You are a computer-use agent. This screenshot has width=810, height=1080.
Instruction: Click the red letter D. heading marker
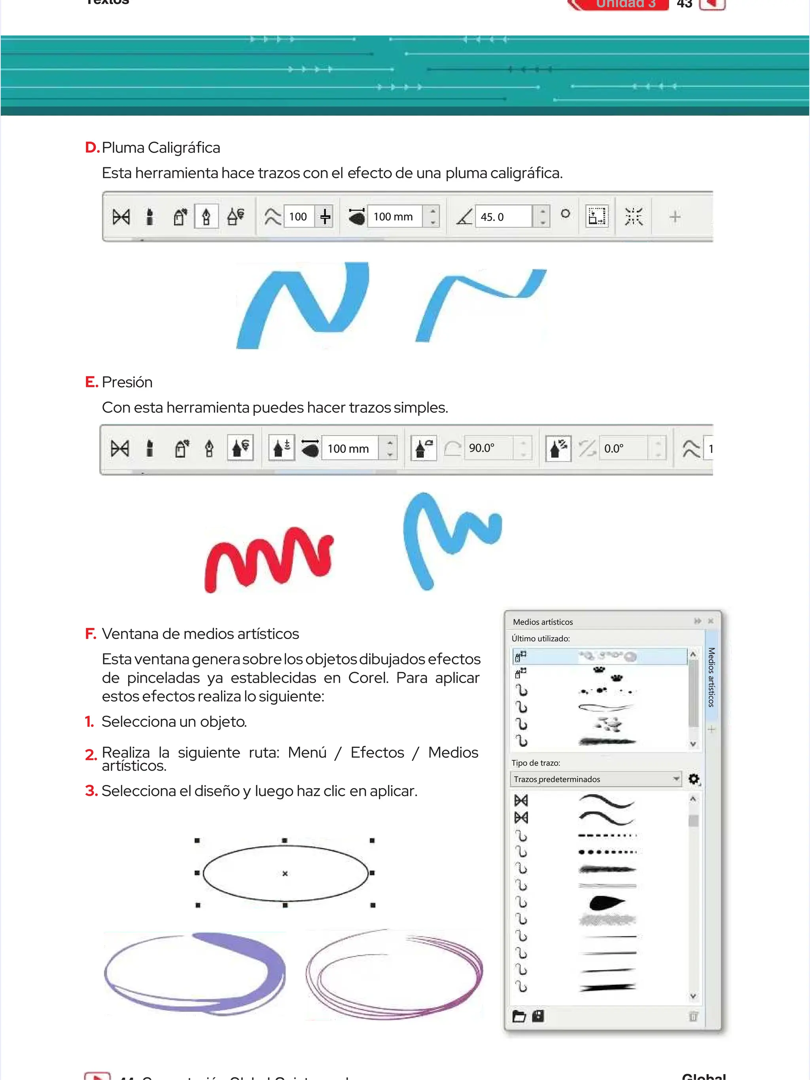pos(92,148)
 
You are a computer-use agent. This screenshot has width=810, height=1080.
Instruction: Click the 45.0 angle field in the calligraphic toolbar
pos(503,217)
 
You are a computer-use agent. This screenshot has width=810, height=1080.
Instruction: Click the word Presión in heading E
pos(127,382)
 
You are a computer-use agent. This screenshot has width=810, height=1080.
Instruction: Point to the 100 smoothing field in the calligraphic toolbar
pos(298,217)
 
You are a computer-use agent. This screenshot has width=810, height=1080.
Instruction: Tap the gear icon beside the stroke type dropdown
pos(693,779)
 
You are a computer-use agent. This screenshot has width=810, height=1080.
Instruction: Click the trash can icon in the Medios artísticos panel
pos(693,1016)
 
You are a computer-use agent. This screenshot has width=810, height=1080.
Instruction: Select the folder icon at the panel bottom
pos(519,1016)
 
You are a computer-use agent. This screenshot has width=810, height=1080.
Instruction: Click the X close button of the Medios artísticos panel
pos(710,621)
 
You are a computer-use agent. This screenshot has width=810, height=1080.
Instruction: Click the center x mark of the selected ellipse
pos(285,874)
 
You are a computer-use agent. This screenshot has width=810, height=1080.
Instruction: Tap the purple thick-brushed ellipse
pos(195,972)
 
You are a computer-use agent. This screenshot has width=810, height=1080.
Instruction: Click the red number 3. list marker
pos(91,791)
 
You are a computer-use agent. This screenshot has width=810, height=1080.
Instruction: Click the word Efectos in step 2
pos(377,753)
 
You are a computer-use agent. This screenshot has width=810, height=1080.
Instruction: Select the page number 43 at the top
pos(684,4)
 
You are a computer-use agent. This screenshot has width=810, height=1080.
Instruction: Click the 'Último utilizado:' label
pos(541,638)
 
